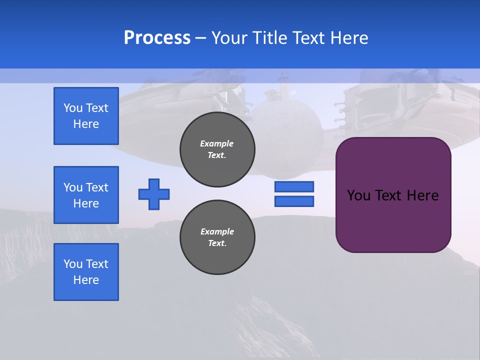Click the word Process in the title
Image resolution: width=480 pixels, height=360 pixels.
pos(157,38)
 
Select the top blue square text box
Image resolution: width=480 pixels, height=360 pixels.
pos(86,116)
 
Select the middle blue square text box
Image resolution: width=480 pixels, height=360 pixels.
pos(86,195)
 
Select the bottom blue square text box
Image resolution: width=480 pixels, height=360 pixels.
pos(86,272)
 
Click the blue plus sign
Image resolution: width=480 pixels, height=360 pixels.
pos(154,194)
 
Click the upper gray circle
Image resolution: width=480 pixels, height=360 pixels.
pos(217,149)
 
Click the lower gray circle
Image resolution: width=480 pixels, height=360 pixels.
pos(217,237)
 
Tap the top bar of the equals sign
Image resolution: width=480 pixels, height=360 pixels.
pos(294,186)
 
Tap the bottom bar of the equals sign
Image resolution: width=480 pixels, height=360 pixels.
pos(294,201)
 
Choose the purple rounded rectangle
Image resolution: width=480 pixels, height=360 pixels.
pos(393,220)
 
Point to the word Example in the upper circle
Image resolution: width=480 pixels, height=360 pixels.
pos(217,143)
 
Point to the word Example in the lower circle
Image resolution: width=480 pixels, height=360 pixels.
pos(217,231)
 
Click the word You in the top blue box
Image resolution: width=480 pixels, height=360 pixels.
pos(73,108)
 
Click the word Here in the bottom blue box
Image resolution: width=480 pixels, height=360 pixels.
pos(86,280)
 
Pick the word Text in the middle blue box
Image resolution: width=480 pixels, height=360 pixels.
pos(96,187)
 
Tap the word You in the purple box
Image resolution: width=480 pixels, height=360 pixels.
pos(358,195)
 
